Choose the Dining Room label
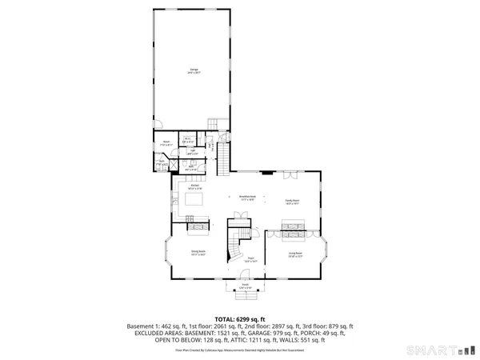[x=198, y=253]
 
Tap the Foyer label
[x=250, y=258]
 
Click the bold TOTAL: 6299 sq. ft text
[x=240, y=319]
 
